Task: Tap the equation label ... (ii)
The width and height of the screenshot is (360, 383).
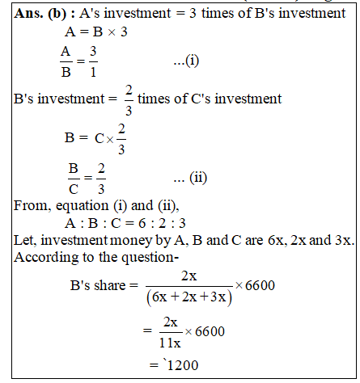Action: coord(191,179)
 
